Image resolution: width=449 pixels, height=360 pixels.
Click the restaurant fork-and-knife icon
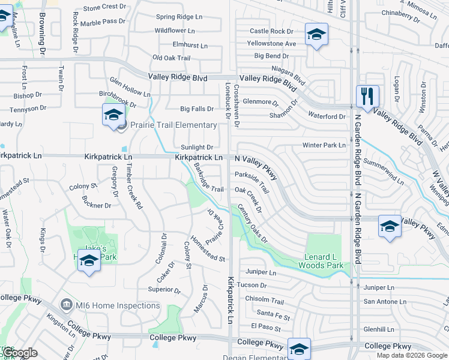(x=367, y=96)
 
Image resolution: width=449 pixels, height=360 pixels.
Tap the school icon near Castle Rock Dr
(x=316, y=34)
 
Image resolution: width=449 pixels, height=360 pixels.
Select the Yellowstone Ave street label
(x=272, y=44)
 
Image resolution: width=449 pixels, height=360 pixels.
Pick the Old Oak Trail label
(x=171, y=58)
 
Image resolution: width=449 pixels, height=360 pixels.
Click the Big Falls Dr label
(x=197, y=109)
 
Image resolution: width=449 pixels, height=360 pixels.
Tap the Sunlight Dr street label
(x=197, y=147)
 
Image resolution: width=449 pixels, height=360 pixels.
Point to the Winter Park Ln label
(x=324, y=145)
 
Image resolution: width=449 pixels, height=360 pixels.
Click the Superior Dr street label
(x=164, y=289)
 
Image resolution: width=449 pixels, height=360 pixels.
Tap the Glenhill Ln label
(x=378, y=329)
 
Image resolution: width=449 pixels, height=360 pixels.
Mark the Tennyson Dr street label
(x=28, y=109)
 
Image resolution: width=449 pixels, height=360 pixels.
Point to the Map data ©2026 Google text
(x=412, y=355)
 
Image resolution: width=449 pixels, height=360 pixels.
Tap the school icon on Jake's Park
(x=89, y=261)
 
